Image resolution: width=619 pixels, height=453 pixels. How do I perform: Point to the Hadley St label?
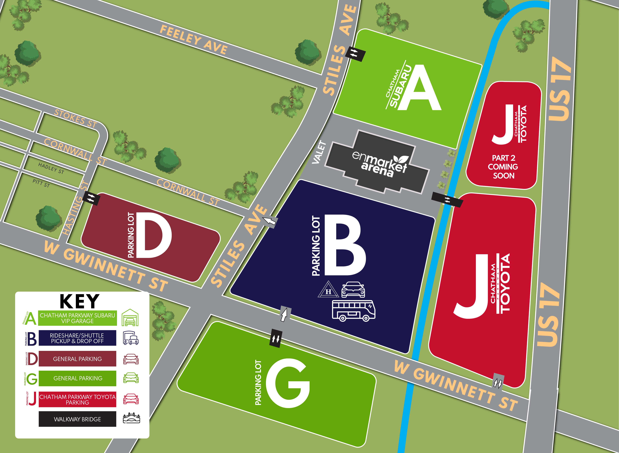(x=51, y=168)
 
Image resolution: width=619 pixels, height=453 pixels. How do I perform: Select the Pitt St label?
(x=41, y=183)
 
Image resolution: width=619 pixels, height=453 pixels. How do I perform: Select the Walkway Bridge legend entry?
(x=77, y=419)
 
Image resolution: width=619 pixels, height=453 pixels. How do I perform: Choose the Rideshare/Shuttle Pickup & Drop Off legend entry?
(x=77, y=338)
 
